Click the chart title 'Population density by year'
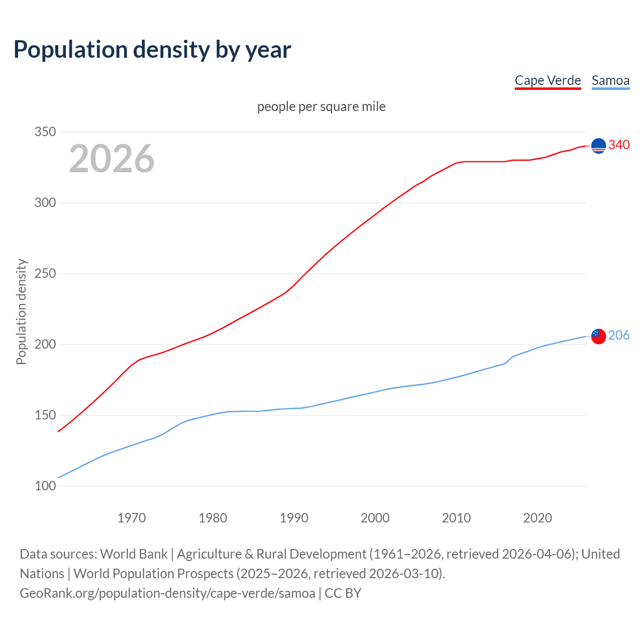pyautogui.click(x=152, y=50)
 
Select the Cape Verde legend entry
pyautogui.click(x=548, y=81)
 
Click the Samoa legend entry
pyautogui.click(x=610, y=81)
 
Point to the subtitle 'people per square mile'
pyautogui.click(x=321, y=107)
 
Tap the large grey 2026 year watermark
pyautogui.click(x=112, y=159)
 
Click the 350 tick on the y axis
pyautogui.click(x=45, y=132)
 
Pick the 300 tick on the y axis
pyautogui.click(x=45, y=203)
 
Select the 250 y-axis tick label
pyautogui.click(x=45, y=274)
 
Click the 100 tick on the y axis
pyautogui.click(x=45, y=486)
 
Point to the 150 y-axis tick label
pyautogui.click(x=45, y=415)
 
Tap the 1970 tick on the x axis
pyautogui.click(x=132, y=518)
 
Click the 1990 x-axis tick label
pyautogui.click(x=294, y=518)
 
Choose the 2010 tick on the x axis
pyautogui.click(x=456, y=518)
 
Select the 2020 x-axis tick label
pyautogui.click(x=538, y=518)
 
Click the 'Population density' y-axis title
pyautogui.click(x=21, y=311)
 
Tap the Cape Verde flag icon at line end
pyautogui.click(x=598, y=146)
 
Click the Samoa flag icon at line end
pyautogui.click(x=598, y=336)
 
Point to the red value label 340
pyautogui.click(x=619, y=145)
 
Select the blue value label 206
pyautogui.click(x=619, y=336)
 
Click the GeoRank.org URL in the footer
pyautogui.click(x=167, y=593)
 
